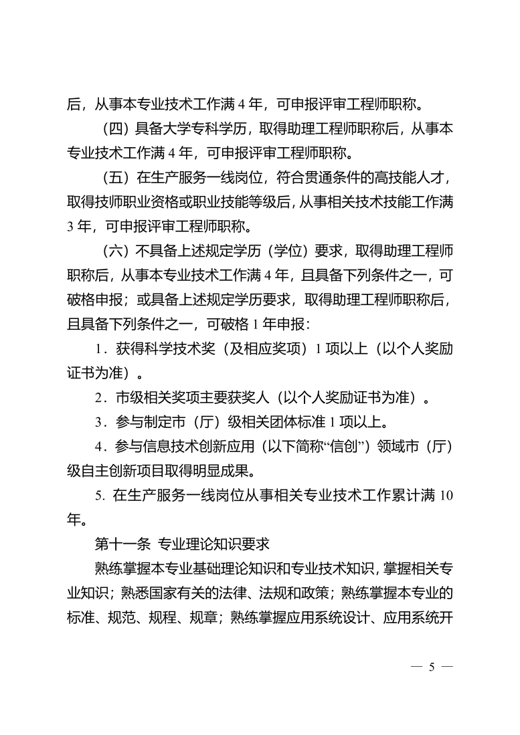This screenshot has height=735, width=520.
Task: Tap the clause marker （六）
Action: pyautogui.click(x=116, y=251)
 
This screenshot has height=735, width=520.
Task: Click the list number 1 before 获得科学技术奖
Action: pyautogui.click(x=99, y=349)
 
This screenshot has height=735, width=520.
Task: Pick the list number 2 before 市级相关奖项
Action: pyautogui.click(x=99, y=398)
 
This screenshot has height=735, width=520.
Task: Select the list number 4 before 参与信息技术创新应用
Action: pyautogui.click(x=99, y=447)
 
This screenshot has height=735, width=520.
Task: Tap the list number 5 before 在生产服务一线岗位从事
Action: pyautogui.click(x=99, y=495)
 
